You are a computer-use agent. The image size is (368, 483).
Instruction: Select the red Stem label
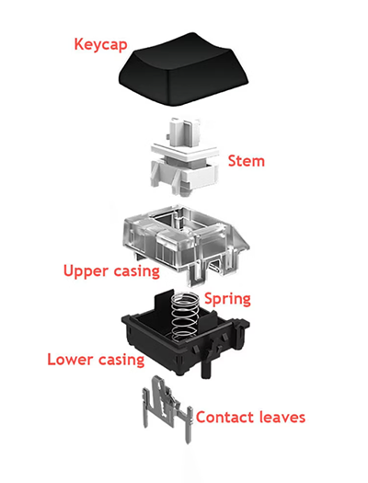(246, 161)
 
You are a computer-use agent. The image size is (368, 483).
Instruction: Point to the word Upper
(86, 271)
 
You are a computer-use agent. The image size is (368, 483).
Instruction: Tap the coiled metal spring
(186, 317)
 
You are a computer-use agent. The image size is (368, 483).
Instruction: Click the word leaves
(280, 417)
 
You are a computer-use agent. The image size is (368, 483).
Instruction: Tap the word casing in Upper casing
(137, 271)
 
